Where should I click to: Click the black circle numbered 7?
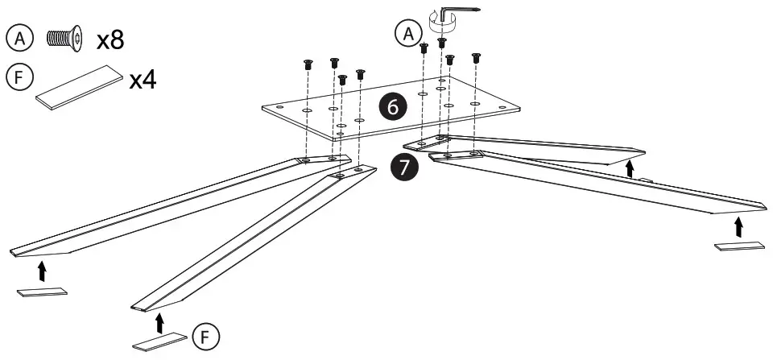[403, 168]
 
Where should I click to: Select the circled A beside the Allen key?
[408, 33]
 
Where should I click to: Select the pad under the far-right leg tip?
[738, 246]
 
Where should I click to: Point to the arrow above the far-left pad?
[43, 268]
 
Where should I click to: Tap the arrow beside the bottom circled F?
[159, 321]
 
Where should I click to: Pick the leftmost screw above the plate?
[308, 64]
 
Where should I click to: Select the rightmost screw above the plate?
[475, 57]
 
